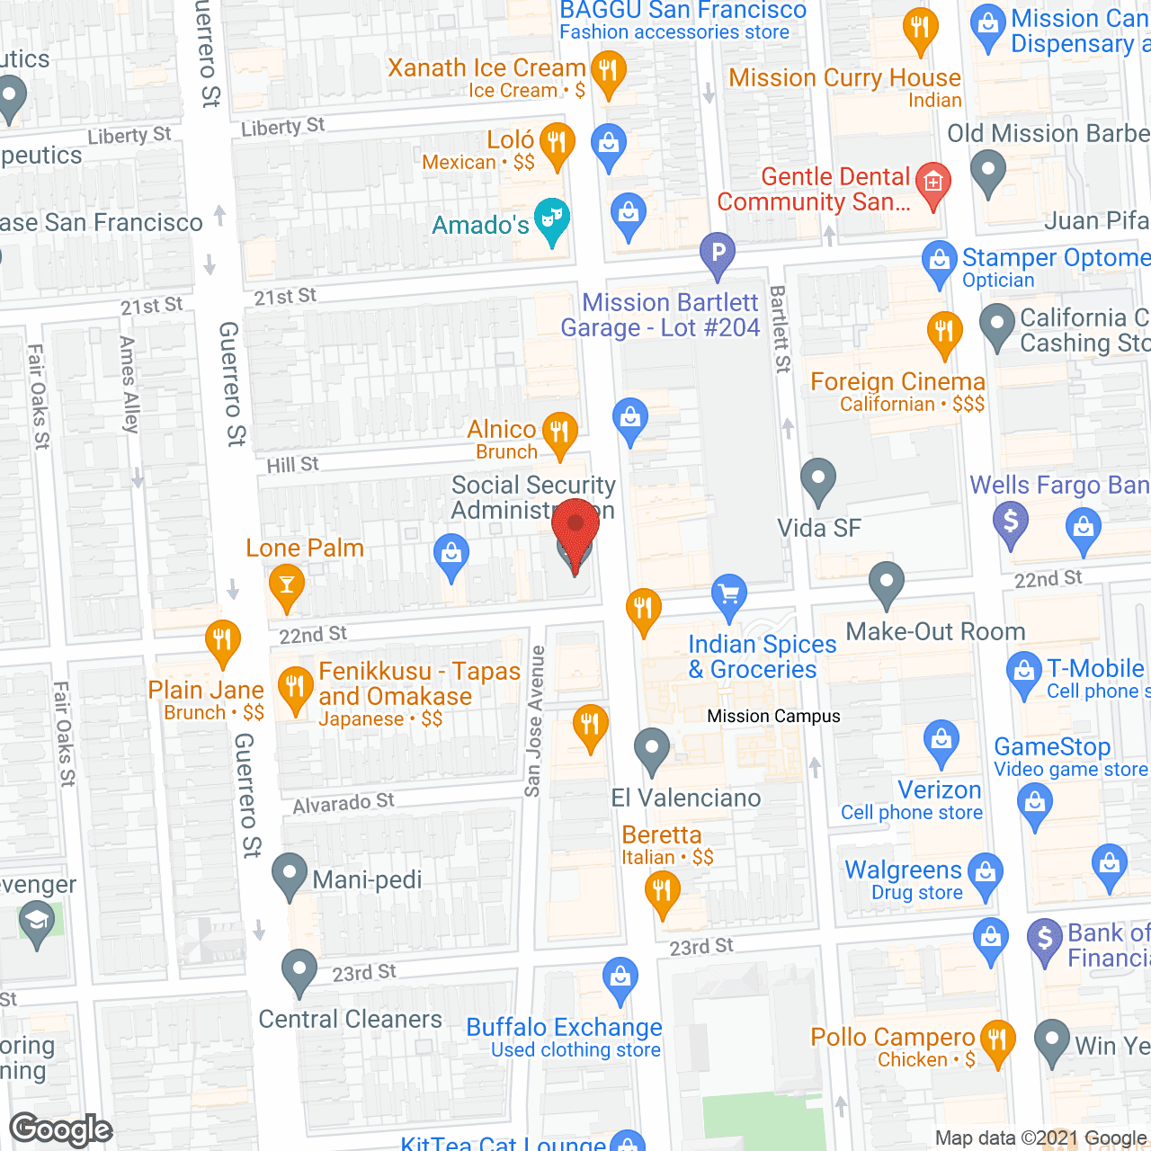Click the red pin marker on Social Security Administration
(575, 531)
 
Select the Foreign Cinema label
(897, 382)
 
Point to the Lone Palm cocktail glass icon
(286, 586)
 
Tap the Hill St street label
(293, 465)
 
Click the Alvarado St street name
(344, 803)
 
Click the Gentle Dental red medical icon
(933, 183)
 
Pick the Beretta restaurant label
(662, 835)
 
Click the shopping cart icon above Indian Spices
(729, 595)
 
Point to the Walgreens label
(904, 870)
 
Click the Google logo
(61, 1129)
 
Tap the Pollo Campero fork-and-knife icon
(997, 1040)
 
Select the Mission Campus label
(773, 717)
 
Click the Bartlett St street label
(780, 329)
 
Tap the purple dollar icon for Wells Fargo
(1011, 522)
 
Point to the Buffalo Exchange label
(564, 1028)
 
